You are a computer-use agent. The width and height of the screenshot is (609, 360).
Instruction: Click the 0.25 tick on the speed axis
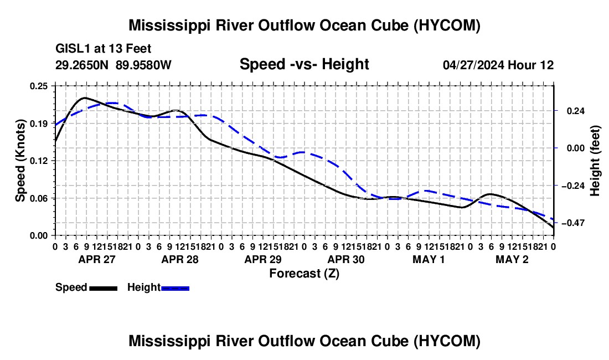click(x=38, y=86)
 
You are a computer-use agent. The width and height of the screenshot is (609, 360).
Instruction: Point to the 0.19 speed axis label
click(x=38, y=124)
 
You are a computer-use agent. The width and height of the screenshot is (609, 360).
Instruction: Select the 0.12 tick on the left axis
click(x=38, y=161)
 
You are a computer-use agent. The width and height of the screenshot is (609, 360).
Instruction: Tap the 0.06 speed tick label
click(x=38, y=198)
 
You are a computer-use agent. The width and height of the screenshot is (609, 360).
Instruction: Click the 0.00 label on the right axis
click(x=576, y=148)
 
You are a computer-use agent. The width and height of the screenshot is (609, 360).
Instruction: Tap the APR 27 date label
click(x=97, y=259)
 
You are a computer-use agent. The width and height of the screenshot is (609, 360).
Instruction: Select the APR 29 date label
click(x=263, y=259)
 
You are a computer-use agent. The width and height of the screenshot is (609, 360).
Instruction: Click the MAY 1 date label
click(x=429, y=259)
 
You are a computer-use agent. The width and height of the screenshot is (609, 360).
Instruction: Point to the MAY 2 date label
click(x=512, y=259)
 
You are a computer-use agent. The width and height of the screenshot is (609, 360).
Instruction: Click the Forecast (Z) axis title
click(x=304, y=274)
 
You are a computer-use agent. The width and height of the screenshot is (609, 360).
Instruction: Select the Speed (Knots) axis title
click(x=20, y=161)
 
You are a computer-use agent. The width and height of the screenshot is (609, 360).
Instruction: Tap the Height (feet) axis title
click(x=595, y=161)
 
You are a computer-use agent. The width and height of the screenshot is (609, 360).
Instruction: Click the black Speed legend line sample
click(x=104, y=289)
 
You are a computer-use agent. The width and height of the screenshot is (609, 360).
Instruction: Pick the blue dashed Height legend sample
click(x=175, y=289)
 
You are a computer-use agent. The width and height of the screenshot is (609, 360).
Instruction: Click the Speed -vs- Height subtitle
click(x=304, y=64)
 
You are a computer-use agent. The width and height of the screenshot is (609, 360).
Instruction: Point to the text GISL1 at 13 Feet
click(x=104, y=49)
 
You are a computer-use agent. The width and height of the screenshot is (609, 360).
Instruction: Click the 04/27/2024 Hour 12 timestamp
click(x=498, y=65)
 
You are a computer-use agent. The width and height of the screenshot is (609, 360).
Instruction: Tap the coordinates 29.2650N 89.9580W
click(x=113, y=65)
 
